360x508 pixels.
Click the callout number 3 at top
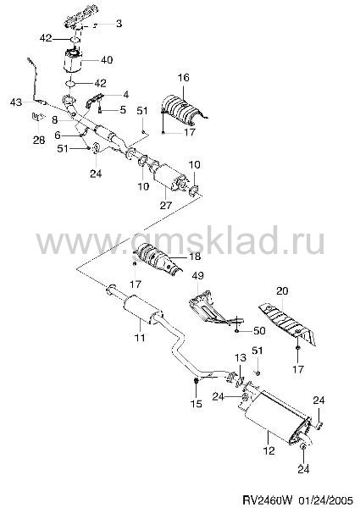point(119,24)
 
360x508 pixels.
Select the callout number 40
point(107,60)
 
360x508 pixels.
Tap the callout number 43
point(16,102)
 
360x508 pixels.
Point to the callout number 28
point(39,141)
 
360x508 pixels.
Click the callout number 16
point(183,78)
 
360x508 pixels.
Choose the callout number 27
point(165,206)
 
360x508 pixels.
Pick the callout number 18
point(195,257)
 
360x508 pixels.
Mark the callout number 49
point(197,276)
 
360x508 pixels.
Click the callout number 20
point(282,291)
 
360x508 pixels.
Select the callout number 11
point(140,338)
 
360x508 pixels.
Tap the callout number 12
point(269,450)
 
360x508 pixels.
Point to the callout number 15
point(197,404)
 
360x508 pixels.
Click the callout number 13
point(241,358)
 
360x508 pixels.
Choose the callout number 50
point(259,331)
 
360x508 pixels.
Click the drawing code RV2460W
point(268,499)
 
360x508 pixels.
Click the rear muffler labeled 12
point(275,415)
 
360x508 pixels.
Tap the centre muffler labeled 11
point(142,308)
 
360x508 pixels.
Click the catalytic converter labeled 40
point(74,62)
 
